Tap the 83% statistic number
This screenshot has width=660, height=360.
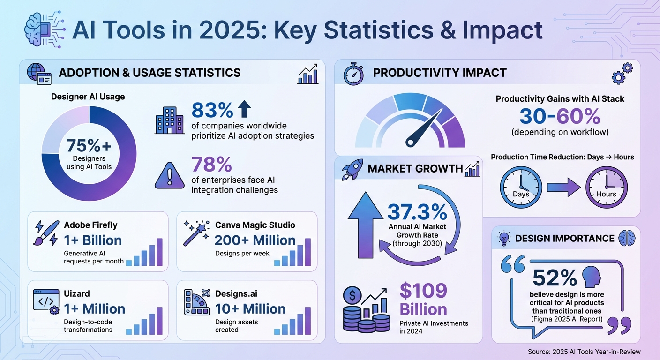click(x=212, y=110)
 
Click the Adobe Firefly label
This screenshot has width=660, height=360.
click(x=90, y=225)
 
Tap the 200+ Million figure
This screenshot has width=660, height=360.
click(x=255, y=240)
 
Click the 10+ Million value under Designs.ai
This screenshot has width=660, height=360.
click(x=250, y=309)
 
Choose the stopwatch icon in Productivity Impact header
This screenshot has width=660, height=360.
click(x=353, y=74)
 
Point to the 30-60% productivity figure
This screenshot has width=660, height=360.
click(x=560, y=116)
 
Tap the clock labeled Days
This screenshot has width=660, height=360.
click(x=521, y=187)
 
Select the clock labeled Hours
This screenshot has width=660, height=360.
click(x=606, y=187)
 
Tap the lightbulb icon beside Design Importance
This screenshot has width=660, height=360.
click(x=504, y=239)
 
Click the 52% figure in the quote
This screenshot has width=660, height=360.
click(x=555, y=278)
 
